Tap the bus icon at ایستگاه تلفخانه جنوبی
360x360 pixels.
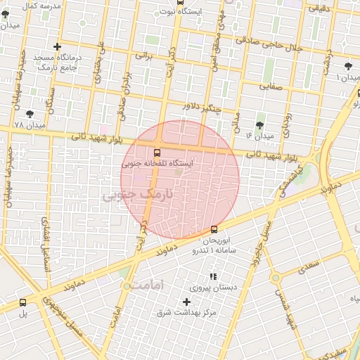156,152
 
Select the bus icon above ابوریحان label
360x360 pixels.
214,229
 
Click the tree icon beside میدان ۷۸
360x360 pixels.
30,114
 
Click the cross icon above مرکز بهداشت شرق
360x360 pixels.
186,301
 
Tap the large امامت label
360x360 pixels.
146,285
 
